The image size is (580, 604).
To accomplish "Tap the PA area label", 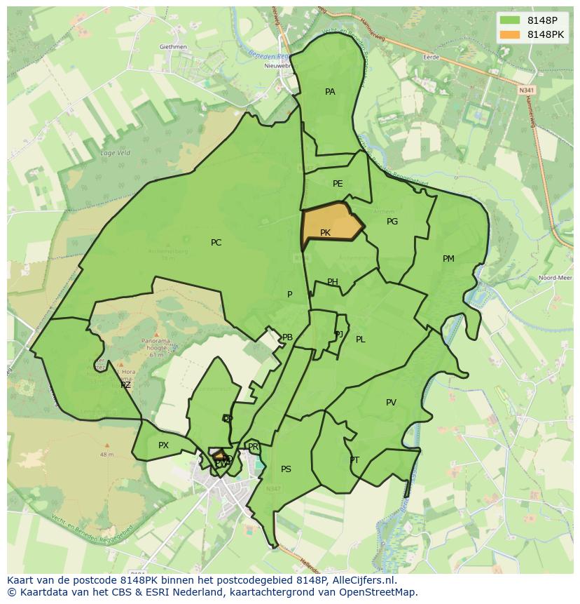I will (330, 92).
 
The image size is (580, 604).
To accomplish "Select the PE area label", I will (338, 184).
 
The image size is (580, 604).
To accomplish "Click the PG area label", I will (392, 222).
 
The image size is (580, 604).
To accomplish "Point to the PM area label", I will (448, 259).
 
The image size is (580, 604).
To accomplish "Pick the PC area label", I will (216, 243).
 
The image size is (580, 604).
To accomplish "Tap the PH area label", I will (333, 282).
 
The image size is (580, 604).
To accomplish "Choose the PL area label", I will (360, 340).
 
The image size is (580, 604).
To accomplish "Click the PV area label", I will (391, 403).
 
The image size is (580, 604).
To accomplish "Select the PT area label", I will (354, 460).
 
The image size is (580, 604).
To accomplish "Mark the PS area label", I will (286, 469).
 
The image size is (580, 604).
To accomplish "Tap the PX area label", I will (163, 445).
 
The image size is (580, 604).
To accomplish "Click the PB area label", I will (287, 337).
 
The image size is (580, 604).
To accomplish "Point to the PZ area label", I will (125, 385).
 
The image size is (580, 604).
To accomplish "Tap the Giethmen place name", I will (172, 47).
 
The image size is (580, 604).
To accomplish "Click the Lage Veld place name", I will (115, 152).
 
